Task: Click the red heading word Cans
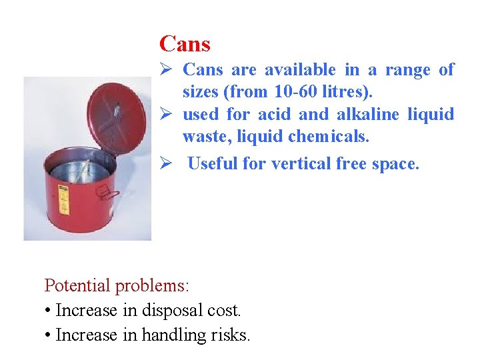tap(185, 45)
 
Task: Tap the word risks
tap(231, 335)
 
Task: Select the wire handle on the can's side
tap(105, 193)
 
